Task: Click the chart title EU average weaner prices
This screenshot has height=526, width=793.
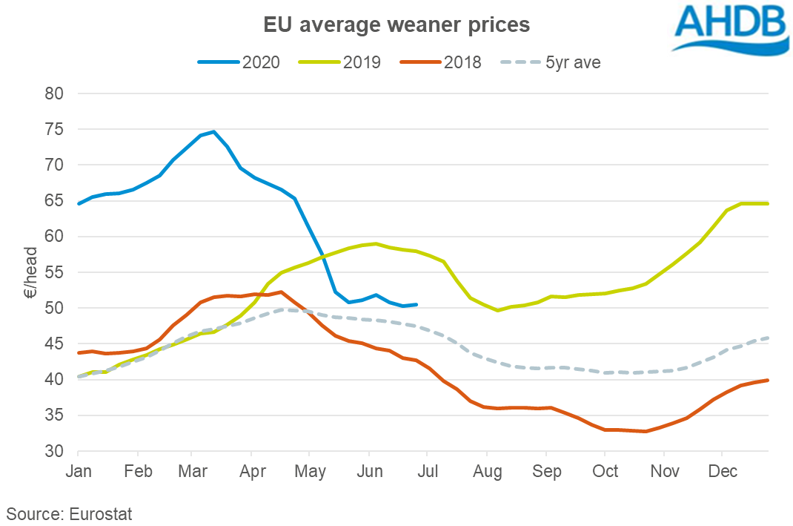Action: [396, 24]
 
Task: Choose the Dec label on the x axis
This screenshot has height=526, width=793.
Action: [723, 471]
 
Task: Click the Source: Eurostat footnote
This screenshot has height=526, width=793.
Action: [70, 512]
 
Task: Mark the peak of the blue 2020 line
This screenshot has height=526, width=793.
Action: [214, 131]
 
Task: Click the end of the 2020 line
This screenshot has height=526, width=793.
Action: [417, 304]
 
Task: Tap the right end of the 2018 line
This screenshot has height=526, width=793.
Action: [768, 380]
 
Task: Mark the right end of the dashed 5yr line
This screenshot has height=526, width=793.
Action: [768, 338]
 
